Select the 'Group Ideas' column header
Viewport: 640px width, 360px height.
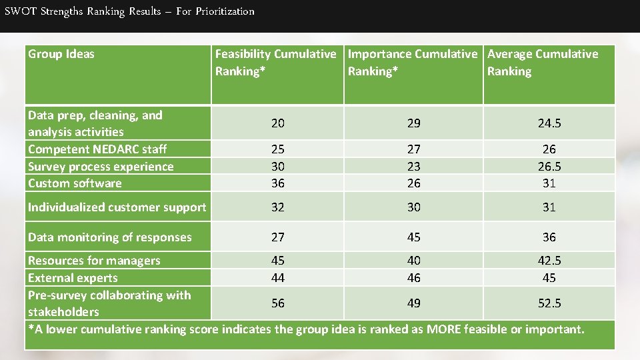pos(61,54)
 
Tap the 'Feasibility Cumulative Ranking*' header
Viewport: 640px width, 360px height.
pos(275,63)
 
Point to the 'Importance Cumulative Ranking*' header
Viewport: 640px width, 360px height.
pos(413,63)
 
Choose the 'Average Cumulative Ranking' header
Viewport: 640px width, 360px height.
pos(543,63)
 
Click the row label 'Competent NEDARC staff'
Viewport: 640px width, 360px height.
pos(97,149)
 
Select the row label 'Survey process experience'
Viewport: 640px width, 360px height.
pos(101,167)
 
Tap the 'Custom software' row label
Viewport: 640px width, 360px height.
pos(75,183)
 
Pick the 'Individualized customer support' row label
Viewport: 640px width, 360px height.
pos(117,207)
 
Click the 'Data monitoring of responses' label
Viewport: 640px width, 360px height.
pos(110,237)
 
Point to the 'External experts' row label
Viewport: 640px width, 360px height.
pos(73,278)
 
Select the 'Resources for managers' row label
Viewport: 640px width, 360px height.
pos(94,261)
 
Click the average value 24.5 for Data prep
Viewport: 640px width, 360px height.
pos(549,123)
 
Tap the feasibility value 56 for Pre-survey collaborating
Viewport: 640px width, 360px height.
pos(277,303)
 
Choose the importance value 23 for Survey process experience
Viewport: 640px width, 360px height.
pos(413,167)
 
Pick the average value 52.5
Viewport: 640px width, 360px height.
pos(549,303)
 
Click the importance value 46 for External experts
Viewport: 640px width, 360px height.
pos(413,278)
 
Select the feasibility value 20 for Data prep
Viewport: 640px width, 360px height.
pos(277,123)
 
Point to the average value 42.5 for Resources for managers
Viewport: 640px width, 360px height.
pos(549,261)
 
